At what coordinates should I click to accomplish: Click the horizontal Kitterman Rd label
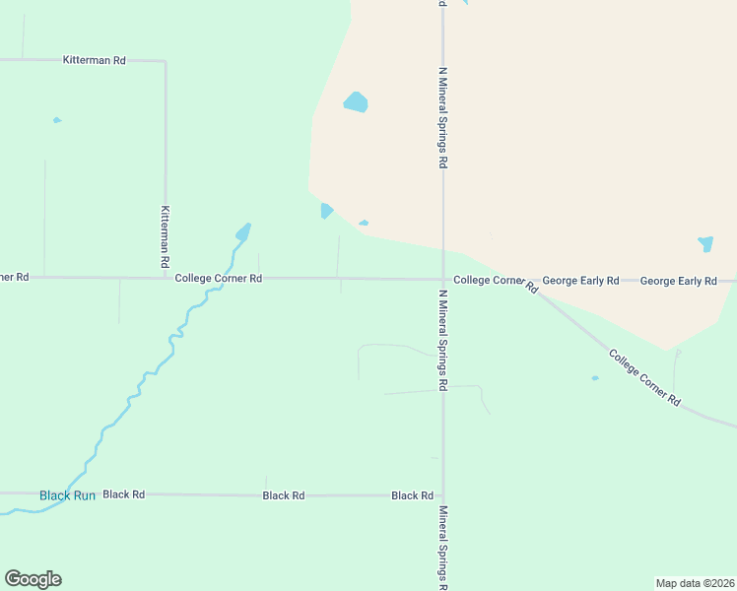pyautogui.click(x=95, y=60)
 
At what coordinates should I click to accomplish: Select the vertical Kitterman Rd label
pyautogui.click(x=166, y=237)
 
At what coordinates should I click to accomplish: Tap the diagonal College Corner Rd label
pyautogui.click(x=644, y=378)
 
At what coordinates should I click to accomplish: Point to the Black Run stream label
pyautogui.click(x=67, y=495)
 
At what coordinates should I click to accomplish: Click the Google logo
pyautogui.click(x=33, y=579)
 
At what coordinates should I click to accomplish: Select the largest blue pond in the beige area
pyautogui.click(x=356, y=102)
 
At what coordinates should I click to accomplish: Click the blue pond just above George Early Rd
pyautogui.click(x=705, y=243)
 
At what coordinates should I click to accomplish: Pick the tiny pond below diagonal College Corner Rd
pyautogui.click(x=595, y=377)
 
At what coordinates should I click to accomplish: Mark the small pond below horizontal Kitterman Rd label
pyautogui.click(x=57, y=120)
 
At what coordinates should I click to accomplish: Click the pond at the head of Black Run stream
pyautogui.click(x=242, y=232)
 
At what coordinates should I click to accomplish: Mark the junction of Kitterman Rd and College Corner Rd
pyautogui.click(x=166, y=278)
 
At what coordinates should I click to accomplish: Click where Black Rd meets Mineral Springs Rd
pyautogui.click(x=442, y=495)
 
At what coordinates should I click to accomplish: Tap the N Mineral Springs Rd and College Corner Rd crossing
pyautogui.click(x=442, y=279)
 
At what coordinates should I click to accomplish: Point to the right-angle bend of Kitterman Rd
pyautogui.click(x=165, y=61)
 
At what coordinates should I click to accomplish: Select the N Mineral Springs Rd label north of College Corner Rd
pyautogui.click(x=443, y=118)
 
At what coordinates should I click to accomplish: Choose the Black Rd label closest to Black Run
pyautogui.click(x=124, y=494)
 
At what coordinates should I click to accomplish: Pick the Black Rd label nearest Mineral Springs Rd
pyautogui.click(x=412, y=495)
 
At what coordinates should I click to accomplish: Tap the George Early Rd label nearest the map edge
pyautogui.click(x=678, y=281)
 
